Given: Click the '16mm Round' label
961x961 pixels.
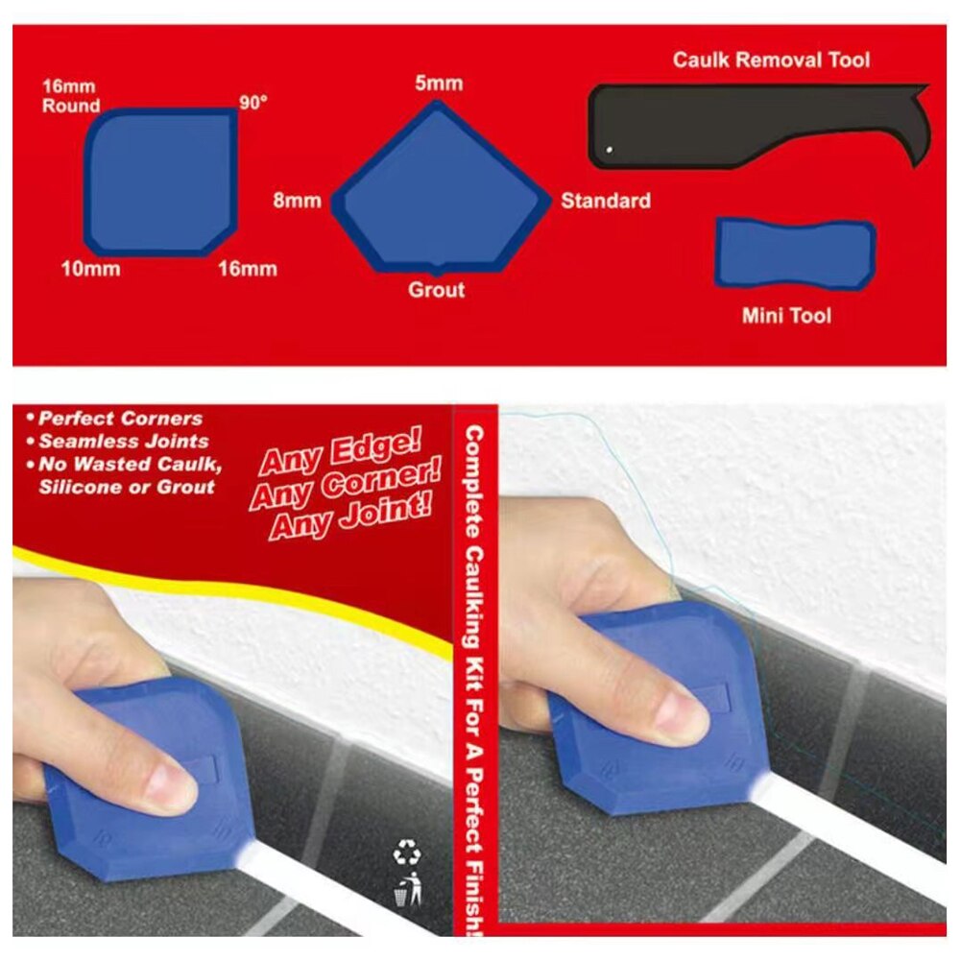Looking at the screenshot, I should tap(70, 97).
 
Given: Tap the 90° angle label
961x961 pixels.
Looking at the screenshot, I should tap(252, 103).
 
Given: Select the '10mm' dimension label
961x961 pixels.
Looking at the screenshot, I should tap(90, 269).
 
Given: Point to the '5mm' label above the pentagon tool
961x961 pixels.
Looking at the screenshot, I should tap(439, 83).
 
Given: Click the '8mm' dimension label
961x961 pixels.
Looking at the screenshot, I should tap(297, 202).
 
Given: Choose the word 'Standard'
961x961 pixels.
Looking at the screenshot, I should tap(606, 202).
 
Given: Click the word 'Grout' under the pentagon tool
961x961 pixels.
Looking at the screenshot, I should tap(437, 290).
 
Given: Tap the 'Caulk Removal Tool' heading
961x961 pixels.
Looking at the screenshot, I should tap(771, 60).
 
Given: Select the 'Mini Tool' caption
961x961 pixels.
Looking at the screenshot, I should tap(786, 315).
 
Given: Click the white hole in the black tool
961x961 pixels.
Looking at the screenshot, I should tap(609, 149).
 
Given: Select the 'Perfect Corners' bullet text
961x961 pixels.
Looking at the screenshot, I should tap(121, 419).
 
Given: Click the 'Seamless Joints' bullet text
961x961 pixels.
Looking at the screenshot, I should tap(124, 442).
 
